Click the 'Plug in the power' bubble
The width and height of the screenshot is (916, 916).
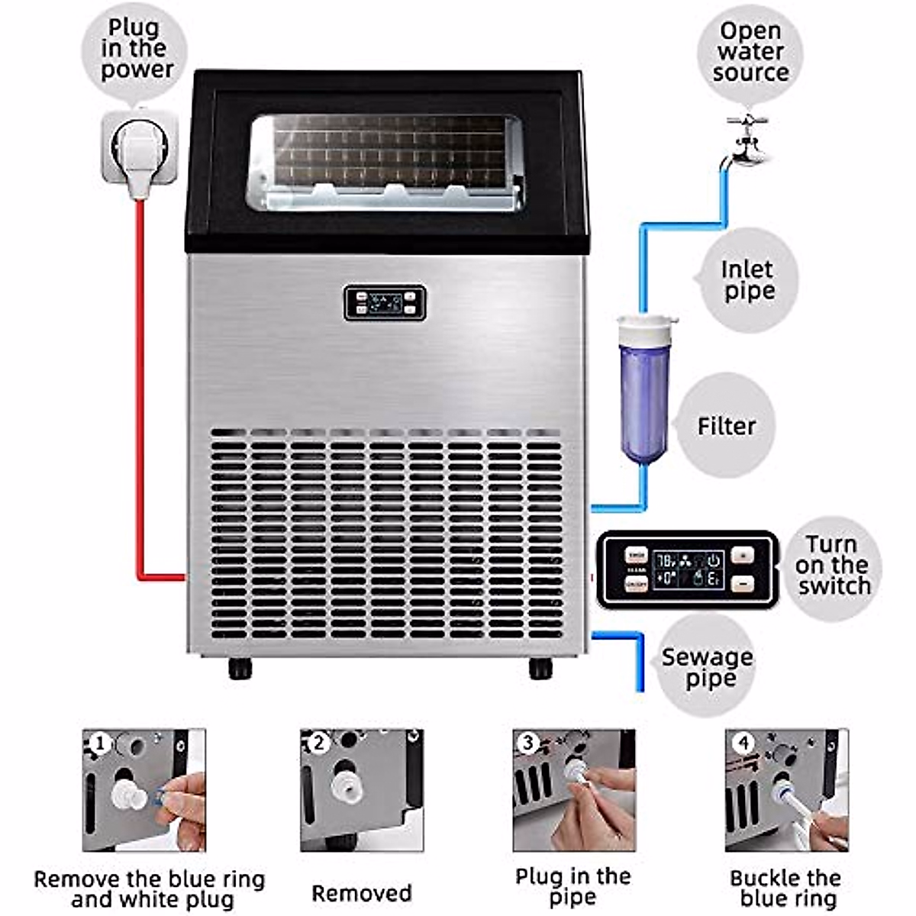136,49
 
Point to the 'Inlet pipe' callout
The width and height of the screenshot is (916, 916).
747,280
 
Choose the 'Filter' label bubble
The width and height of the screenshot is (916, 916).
725,425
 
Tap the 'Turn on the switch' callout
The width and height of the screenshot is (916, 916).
833,566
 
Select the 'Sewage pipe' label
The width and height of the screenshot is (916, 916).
707,667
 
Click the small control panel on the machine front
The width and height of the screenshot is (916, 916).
384,303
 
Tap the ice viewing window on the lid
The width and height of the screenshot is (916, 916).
385,163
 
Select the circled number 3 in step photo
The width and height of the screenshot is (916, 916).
527,743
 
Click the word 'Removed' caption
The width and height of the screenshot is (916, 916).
361,893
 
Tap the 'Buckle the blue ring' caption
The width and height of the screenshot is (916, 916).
786,888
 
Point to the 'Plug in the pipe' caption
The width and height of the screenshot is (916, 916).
573,886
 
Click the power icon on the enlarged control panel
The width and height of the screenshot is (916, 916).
713,560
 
